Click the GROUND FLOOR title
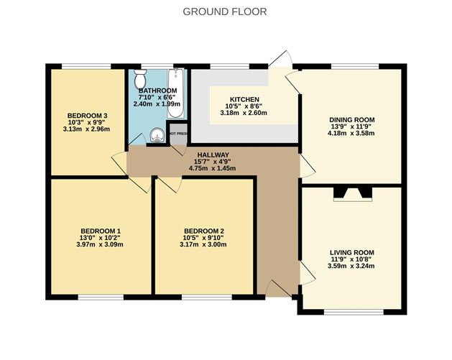click(x=225, y=11)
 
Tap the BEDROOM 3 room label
click(x=88, y=116)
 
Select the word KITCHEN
click(x=244, y=99)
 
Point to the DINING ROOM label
click(x=352, y=119)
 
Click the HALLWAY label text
click(x=212, y=154)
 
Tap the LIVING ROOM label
click(x=352, y=252)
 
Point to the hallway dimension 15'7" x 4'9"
click(x=212, y=162)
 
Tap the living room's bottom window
click(x=352, y=311)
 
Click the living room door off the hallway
click(x=307, y=271)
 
